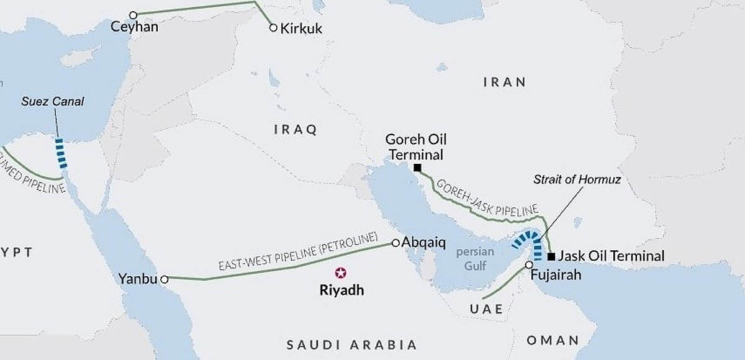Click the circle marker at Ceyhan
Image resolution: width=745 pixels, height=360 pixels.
pyautogui.click(x=132, y=14)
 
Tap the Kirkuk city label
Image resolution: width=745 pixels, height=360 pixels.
pyautogui.click(x=302, y=29)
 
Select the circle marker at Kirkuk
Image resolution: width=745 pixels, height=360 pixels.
pyautogui.click(x=273, y=27)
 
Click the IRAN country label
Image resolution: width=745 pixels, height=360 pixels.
pyautogui.click(x=504, y=82)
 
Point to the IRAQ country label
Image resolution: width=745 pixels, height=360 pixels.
pyautogui.click(x=296, y=130)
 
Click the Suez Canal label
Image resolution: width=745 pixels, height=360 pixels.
pyautogui.click(x=53, y=101)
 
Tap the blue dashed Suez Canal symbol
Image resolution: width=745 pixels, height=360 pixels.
pyautogui.click(x=61, y=153)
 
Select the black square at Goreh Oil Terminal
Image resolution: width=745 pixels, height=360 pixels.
pyautogui.click(x=418, y=168)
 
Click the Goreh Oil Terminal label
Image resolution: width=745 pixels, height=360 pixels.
pyautogui.click(x=415, y=147)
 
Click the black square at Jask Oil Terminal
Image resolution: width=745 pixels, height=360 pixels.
pyautogui.click(x=551, y=256)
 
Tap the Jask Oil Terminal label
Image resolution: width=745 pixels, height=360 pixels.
pyautogui.click(x=611, y=256)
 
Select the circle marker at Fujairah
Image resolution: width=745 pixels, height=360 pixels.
pyautogui.click(x=528, y=265)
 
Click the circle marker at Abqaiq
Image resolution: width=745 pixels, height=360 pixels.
pyautogui.click(x=395, y=243)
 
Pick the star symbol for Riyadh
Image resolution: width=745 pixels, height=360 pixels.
pyautogui.click(x=340, y=272)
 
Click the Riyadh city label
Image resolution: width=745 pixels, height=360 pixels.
pyautogui.click(x=340, y=290)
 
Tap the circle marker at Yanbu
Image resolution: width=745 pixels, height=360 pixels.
pyautogui.click(x=165, y=279)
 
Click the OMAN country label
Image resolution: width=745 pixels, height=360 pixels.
pyautogui.click(x=553, y=340)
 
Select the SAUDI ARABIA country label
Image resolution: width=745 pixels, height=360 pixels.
pyautogui.click(x=351, y=344)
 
